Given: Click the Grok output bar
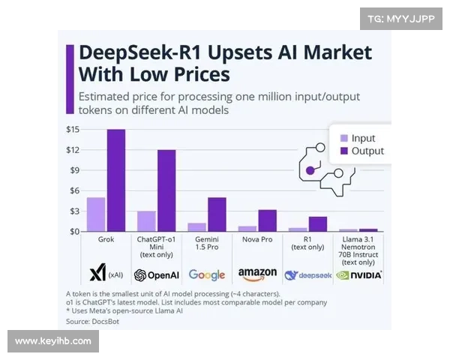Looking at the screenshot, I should pos(115,180).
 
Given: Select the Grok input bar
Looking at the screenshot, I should pos(96,214).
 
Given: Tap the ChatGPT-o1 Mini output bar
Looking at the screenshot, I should pos(166,190).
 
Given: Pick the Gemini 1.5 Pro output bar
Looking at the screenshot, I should pos(216,214).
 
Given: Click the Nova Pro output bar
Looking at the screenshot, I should pos(267,220).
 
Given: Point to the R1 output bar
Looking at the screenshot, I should pos(317,223).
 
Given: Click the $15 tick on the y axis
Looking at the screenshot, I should pos(72,130).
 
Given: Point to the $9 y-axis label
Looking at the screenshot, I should pos(73,170).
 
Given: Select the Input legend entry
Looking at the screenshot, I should pos(356,138).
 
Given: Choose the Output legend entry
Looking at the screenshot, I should pos(360,151).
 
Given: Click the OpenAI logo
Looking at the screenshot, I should pos(156,274).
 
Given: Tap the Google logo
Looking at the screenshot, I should pos(207,274).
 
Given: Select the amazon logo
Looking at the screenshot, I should pos(257,274).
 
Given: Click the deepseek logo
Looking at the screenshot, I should pos(307,275).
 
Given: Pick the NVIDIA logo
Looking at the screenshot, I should pos(358,274).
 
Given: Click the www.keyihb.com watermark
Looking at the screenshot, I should pos(52,341).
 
